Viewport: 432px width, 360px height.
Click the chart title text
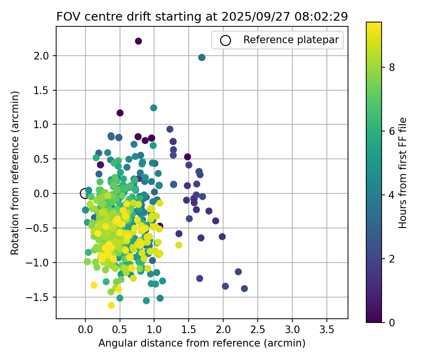tap(202, 16)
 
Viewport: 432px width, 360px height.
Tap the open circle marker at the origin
tap(85, 193)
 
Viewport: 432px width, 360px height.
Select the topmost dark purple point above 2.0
tap(138, 41)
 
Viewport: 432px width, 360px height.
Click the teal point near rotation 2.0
tap(202, 58)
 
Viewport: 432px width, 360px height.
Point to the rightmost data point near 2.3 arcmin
tap(244, 288)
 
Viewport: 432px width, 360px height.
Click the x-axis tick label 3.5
tap(327, 330)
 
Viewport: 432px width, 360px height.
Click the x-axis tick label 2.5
tap(258, 330)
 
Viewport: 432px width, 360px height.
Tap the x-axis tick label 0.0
tap(85, 330)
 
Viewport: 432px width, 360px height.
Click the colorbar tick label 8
tap(392, 67)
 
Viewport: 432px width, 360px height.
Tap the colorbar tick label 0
tap(392, 323)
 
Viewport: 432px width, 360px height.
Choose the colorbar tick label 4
tap(392, 195)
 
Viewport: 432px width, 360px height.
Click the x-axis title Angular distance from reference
tap(202, 344)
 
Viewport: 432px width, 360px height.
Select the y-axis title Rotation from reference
tap(15, 173)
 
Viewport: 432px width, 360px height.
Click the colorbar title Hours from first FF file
tap(403, 173)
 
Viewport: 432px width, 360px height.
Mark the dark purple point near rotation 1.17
tap(120, 113)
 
